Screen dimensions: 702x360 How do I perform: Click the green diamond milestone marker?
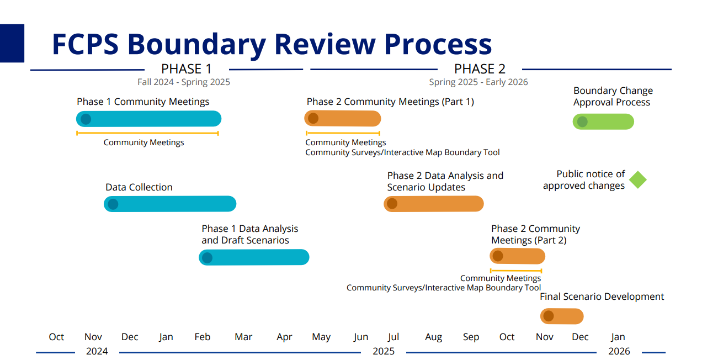pos(638,179)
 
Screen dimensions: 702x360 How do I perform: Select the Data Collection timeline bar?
pos(170,204)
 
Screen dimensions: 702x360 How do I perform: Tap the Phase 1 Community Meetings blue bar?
pos(148,119)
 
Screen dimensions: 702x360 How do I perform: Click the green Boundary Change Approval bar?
pos(603,121)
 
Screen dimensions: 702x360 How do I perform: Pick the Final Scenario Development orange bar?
pos(562,316)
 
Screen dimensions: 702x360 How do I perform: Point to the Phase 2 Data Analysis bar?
pos(434,204)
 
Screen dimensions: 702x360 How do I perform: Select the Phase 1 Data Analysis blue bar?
pos(254,257)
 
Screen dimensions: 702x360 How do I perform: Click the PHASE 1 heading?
pos(187,69)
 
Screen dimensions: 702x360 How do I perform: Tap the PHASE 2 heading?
pos(480,69)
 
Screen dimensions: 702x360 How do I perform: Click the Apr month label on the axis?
pos(284,337)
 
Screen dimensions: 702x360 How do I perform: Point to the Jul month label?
pos(393,337)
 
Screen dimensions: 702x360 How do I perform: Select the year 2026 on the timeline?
pos(619,351)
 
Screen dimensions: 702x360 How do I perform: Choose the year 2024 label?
pos(97,351)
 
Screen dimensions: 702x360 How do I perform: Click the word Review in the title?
pos(325,44)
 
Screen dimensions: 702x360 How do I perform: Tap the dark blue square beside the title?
pos(12,43)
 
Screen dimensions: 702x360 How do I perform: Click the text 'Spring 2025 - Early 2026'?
pos(478,82)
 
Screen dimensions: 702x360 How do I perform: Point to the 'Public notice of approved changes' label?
pos(584,179)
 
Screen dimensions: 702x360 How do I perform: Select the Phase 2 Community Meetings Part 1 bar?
pos(343,119)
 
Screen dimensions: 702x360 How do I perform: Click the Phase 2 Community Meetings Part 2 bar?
pos(518,256)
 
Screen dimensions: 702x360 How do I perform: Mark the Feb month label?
pos(202,337)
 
